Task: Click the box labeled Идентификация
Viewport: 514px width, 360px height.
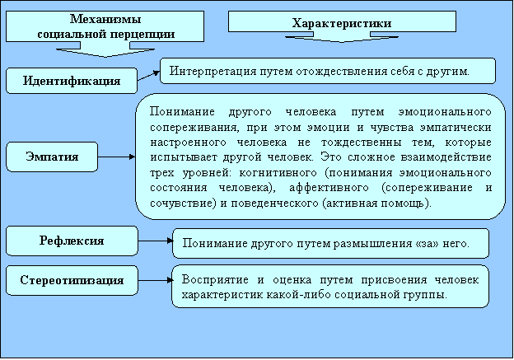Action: coord(72,81)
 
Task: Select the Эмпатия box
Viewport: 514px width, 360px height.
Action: coord(52,157)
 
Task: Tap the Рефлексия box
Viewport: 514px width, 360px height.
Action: coord(72,241)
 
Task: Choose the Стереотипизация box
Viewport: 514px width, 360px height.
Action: coord(72,280)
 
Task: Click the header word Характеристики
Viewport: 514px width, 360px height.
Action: coord(342,23)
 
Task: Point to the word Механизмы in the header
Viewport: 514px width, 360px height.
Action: coord(105,19)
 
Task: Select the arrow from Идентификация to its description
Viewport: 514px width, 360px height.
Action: coord(148,76)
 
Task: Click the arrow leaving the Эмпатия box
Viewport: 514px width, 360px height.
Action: coord(116,157)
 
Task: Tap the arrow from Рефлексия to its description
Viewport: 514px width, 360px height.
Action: coord(156,241)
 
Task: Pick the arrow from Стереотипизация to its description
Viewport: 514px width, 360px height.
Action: coord(156,280)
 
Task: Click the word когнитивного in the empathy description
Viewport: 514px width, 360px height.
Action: coord(278,173)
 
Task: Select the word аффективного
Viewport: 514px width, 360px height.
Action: coord(329,188)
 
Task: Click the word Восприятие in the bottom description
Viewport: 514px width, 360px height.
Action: coord(215,280)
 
